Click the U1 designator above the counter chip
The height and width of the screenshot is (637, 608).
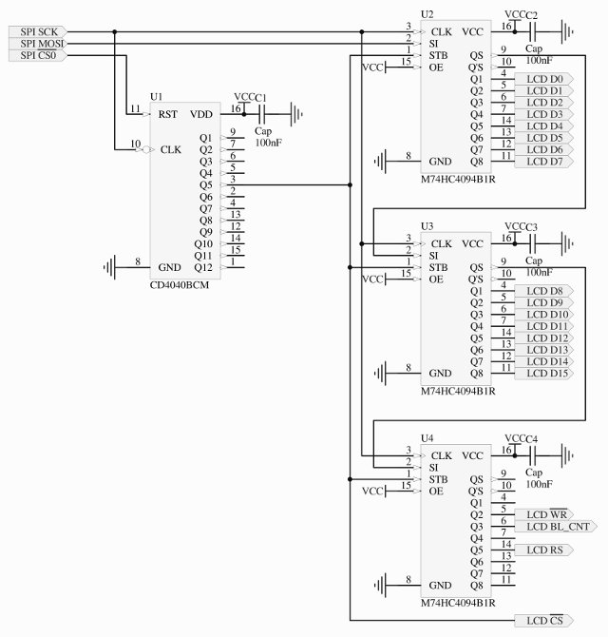pos(157,98)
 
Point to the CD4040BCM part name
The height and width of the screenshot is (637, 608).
pos(179,285)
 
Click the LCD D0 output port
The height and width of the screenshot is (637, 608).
pos(543,78)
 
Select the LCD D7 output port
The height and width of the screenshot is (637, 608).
pos(543,162)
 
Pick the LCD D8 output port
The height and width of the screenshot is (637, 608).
pos(543,290)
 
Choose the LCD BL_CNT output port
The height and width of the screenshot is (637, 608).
pos(557,526)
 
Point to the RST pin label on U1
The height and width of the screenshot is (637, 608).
pos(168,114)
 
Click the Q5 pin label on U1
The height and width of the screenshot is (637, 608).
pos(206,184)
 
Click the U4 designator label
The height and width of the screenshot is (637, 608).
pos(427,438)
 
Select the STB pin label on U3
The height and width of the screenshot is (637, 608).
pos(440,267)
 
